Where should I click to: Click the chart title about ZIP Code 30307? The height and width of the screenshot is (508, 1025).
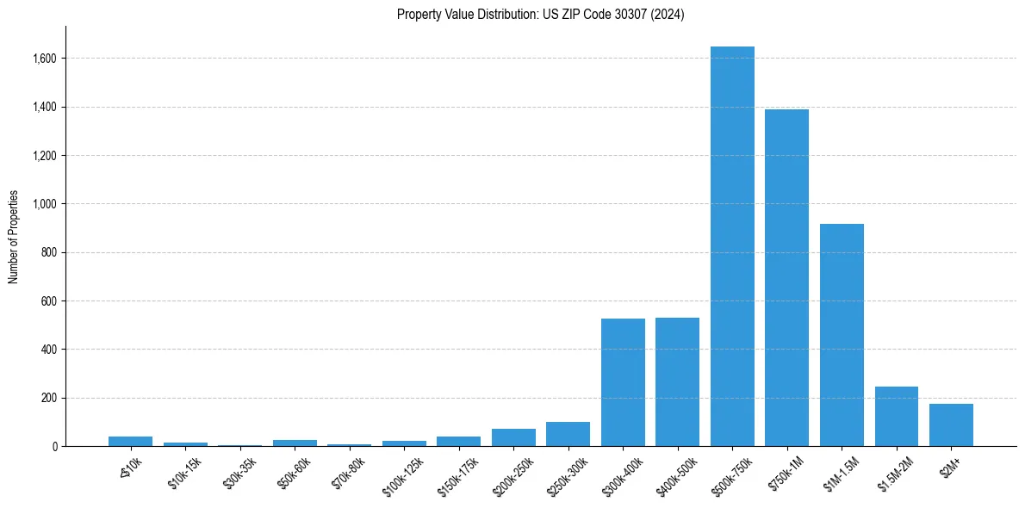540,15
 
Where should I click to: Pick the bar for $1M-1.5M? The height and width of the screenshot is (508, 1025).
842,335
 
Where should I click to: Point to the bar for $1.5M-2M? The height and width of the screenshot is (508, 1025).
896,416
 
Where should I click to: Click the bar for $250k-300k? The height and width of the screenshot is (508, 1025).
568,434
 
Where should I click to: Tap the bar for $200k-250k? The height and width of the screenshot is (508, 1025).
513,437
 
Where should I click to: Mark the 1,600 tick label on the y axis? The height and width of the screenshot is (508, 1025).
45,59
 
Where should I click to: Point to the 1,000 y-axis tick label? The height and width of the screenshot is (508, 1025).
45,204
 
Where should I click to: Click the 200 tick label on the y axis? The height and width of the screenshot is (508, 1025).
48,398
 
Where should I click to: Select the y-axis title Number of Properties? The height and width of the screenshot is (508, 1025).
14,237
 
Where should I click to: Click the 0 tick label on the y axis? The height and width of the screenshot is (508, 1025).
54,446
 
